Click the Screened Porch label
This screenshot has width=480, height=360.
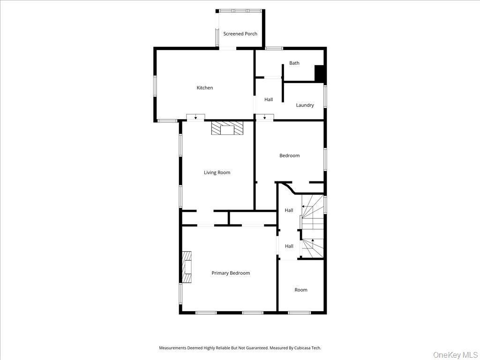point(240,34)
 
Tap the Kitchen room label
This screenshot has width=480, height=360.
point(204,88)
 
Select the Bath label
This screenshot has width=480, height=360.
point(294,63)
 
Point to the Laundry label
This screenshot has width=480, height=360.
point(305,105)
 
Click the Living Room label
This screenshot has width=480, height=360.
point(217,172)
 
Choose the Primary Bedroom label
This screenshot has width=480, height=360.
point(230,273)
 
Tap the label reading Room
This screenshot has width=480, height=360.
point(300,290)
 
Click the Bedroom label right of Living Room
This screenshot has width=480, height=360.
point(289,156)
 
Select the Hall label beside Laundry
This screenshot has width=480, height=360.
point(268,99)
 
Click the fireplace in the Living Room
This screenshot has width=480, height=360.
point(227,128)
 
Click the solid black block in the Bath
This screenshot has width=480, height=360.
point(320,74)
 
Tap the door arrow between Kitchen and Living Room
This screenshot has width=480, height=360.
point(195,117)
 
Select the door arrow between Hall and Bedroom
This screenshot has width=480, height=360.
point(264,117)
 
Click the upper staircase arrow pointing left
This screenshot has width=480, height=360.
point(304,206)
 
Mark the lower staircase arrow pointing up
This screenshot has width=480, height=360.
point(312,241)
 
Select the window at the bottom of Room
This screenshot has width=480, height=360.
point(299,313)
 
